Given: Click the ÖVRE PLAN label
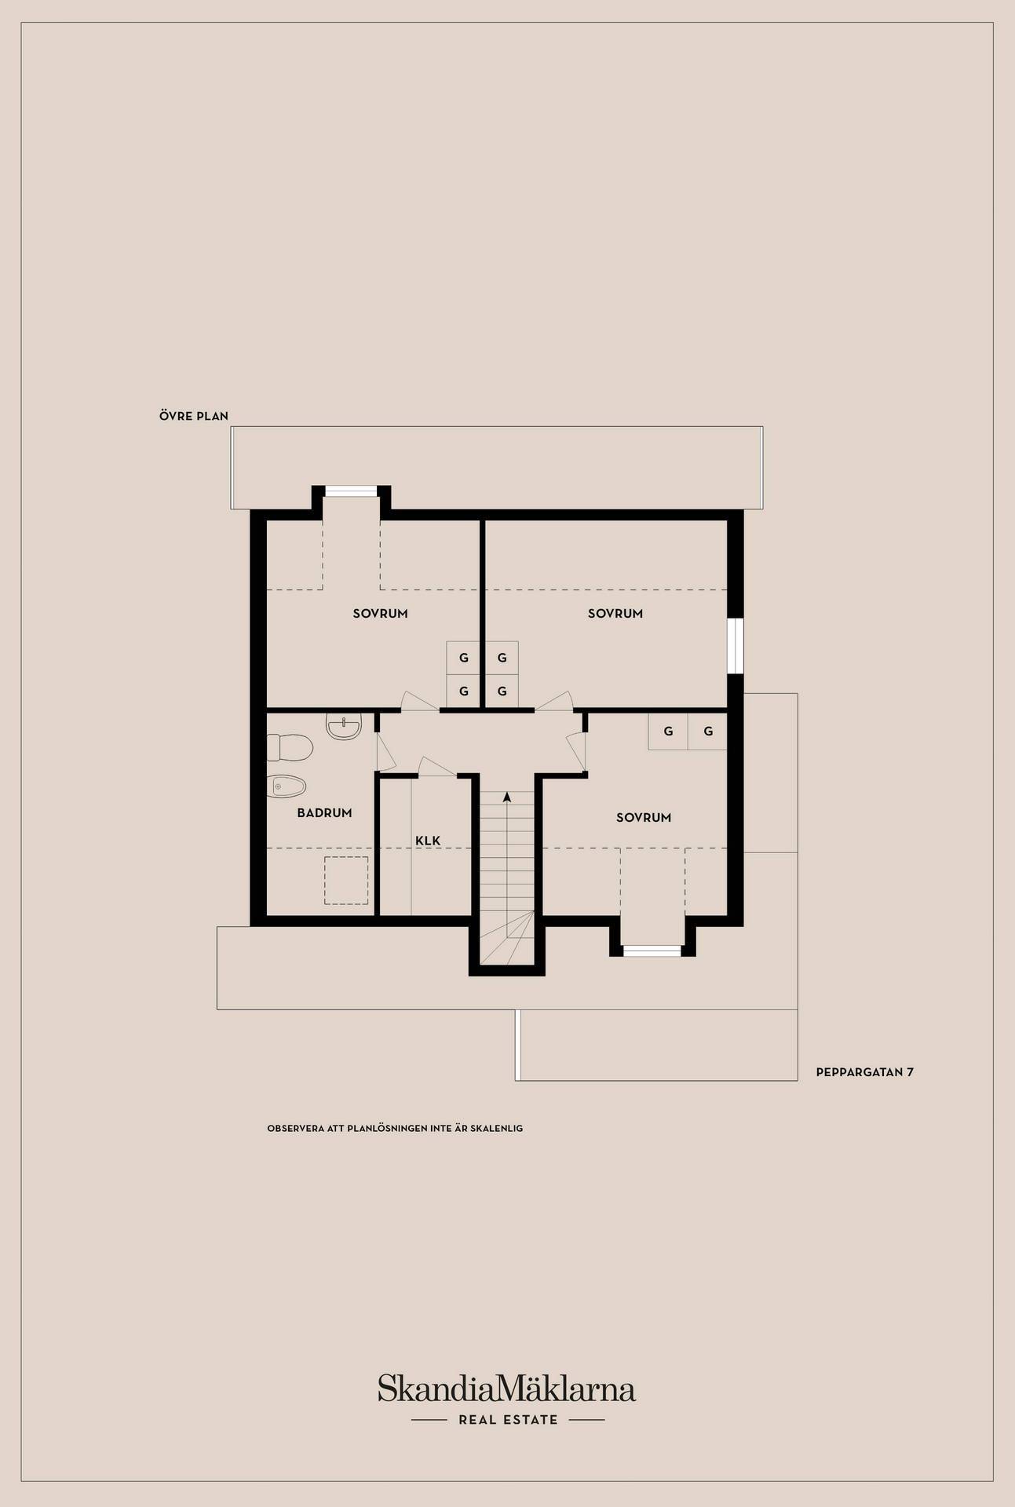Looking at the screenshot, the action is (194, 416).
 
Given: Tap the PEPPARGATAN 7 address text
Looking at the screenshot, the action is (865, 1071).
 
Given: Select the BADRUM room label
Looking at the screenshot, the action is (324, 813).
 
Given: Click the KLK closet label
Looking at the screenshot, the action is (428, 841).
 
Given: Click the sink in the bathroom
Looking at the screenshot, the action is (344, 727).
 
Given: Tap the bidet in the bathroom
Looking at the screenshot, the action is (287, 786).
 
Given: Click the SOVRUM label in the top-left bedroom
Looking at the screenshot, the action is (381, 614).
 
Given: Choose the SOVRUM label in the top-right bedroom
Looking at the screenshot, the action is (615, 614).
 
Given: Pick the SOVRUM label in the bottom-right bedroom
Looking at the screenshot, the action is (644, 818).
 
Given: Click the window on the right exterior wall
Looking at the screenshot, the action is (735, 646).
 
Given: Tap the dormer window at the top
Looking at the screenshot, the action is (352, 491).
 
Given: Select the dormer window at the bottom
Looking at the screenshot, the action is (652, 951).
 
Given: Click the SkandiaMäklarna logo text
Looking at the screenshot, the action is (506, 1388).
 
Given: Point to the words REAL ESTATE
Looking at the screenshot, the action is (508, 1419).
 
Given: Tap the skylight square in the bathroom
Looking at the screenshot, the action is (347, 881).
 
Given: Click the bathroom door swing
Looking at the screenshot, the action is (385, 751).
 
